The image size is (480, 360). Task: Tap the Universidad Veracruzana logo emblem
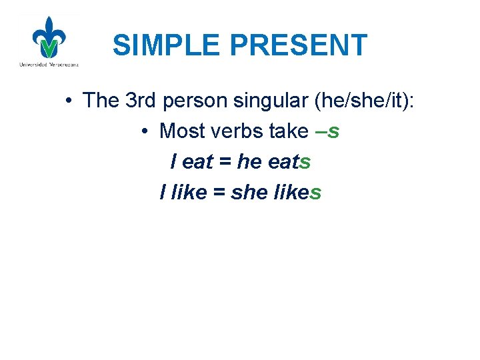pos(49,38)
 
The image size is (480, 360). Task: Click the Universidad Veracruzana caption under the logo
pos(49,65)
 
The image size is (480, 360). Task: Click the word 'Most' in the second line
pos(182,131)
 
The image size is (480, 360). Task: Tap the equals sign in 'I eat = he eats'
pos(225,162)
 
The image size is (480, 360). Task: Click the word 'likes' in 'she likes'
pos(298,193)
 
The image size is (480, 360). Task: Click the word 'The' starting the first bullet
pos(101,100)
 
